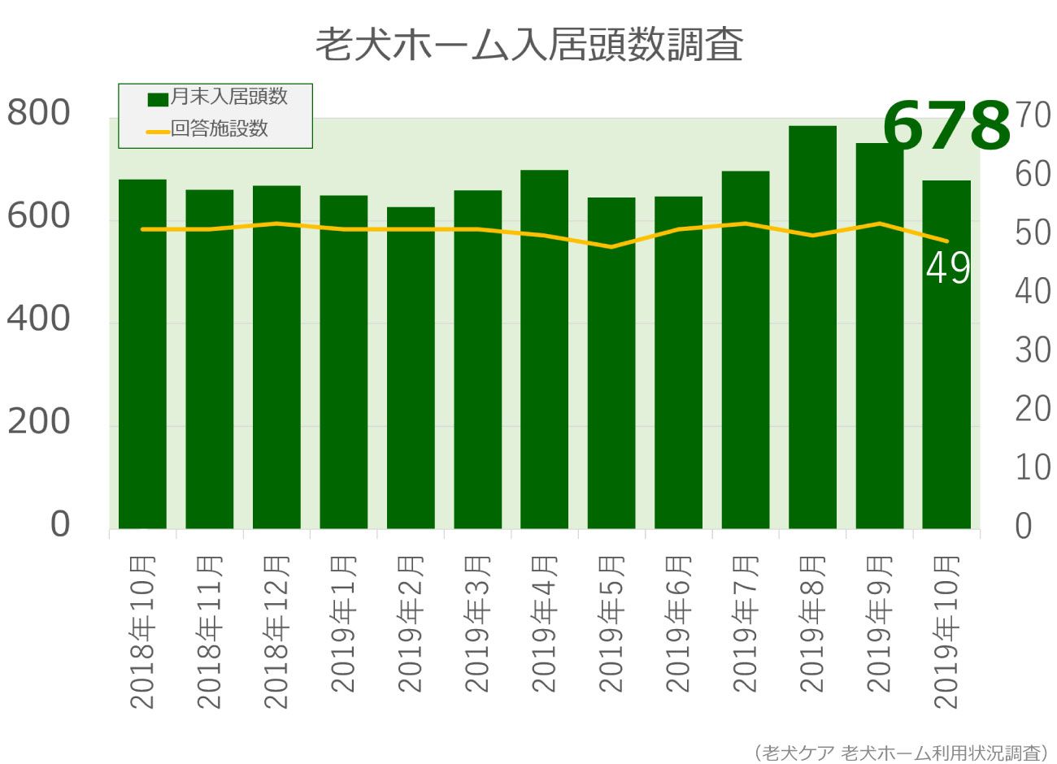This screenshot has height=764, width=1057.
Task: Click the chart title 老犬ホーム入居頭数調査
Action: pos(528,46)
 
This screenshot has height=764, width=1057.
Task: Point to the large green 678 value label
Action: pos(946,126)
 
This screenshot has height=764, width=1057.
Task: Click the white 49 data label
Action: pos(948,268)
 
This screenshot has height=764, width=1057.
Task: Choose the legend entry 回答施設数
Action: pos(219,128)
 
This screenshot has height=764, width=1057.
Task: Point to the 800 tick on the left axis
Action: pos(39,114)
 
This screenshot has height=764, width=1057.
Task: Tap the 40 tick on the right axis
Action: pos(1033,291)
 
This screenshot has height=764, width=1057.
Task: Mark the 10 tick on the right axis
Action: pos(1033,467)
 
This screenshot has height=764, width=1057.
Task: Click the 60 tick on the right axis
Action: pos(1033,174)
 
